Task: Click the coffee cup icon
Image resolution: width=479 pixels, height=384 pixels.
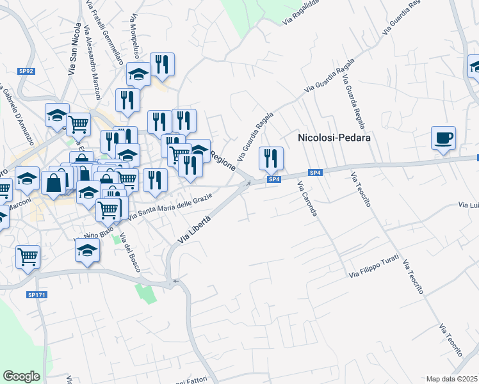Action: [x=443, y=138]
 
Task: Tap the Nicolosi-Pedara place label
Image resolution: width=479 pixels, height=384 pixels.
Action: [x=334, y=137]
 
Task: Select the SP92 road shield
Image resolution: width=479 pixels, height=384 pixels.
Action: [x=26, y=72]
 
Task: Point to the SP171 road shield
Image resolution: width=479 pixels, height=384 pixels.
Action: [x=36, y=295]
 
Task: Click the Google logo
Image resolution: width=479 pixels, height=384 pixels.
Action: [x=21, y=376]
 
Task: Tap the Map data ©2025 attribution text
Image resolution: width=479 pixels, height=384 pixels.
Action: [x=451, y=379]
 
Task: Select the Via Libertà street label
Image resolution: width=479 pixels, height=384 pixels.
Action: [x=195, y=229]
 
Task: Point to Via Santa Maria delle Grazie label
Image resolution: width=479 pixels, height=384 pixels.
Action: [x=170, y=209]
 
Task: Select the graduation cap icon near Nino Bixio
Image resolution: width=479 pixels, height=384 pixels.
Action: [x=87, y=250]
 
